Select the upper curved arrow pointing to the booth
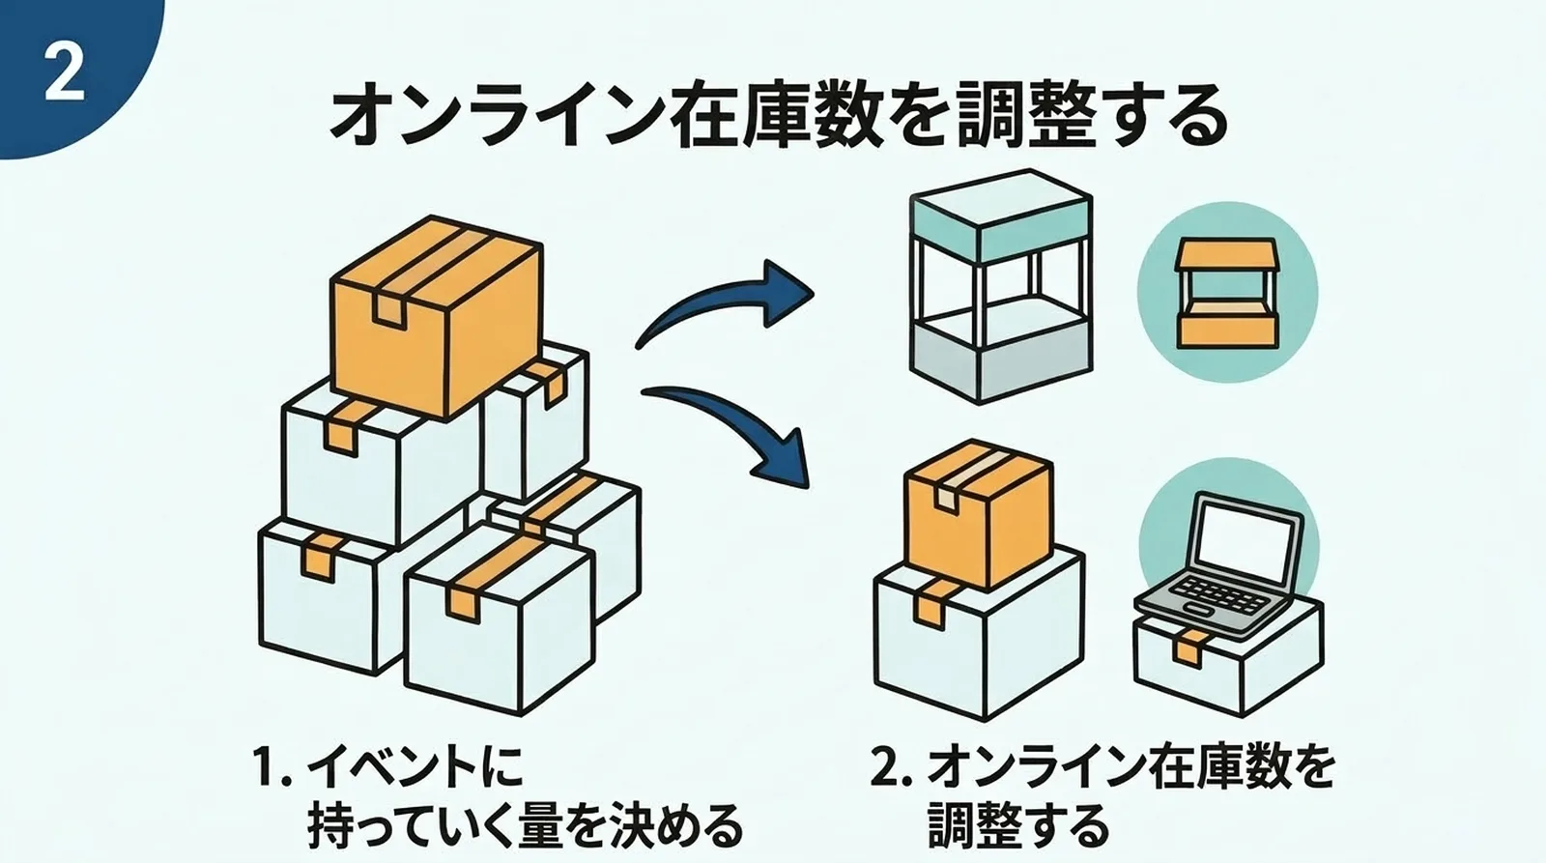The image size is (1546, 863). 725,304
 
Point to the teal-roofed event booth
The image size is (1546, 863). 1001,286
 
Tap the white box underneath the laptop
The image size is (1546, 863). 1227,662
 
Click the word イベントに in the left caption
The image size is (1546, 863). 415,768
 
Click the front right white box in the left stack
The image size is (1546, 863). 498,618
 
